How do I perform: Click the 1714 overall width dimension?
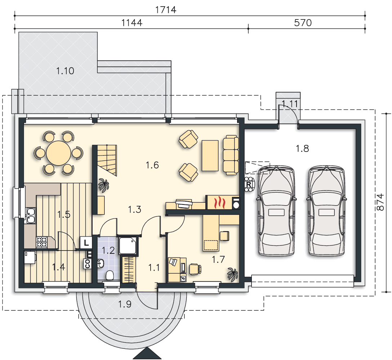(x=166, y=10)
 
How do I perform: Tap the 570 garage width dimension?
(x=303, y=23)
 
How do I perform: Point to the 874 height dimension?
(x=380, y=202)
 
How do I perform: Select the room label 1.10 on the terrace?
(x=65, y=71)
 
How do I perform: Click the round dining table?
(x=58, y=153)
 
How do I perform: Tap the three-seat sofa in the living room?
(x=231, y=155)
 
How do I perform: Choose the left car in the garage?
(x=276, y=211)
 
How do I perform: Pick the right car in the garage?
(x=326, y=211)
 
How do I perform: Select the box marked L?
(x=86, y=243)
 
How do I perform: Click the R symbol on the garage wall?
(x=249, y=185)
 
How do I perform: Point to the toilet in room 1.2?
(x=110, y=275)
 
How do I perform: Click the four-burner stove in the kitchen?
(x=42, y=242)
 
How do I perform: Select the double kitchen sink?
(x=31, y=216)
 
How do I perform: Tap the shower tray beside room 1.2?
(x=128, y=246)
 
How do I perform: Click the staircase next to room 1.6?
(x=107, y=160)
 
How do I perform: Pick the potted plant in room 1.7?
(x=232, y=275)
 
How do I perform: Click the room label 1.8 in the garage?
(x=302, y=149)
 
